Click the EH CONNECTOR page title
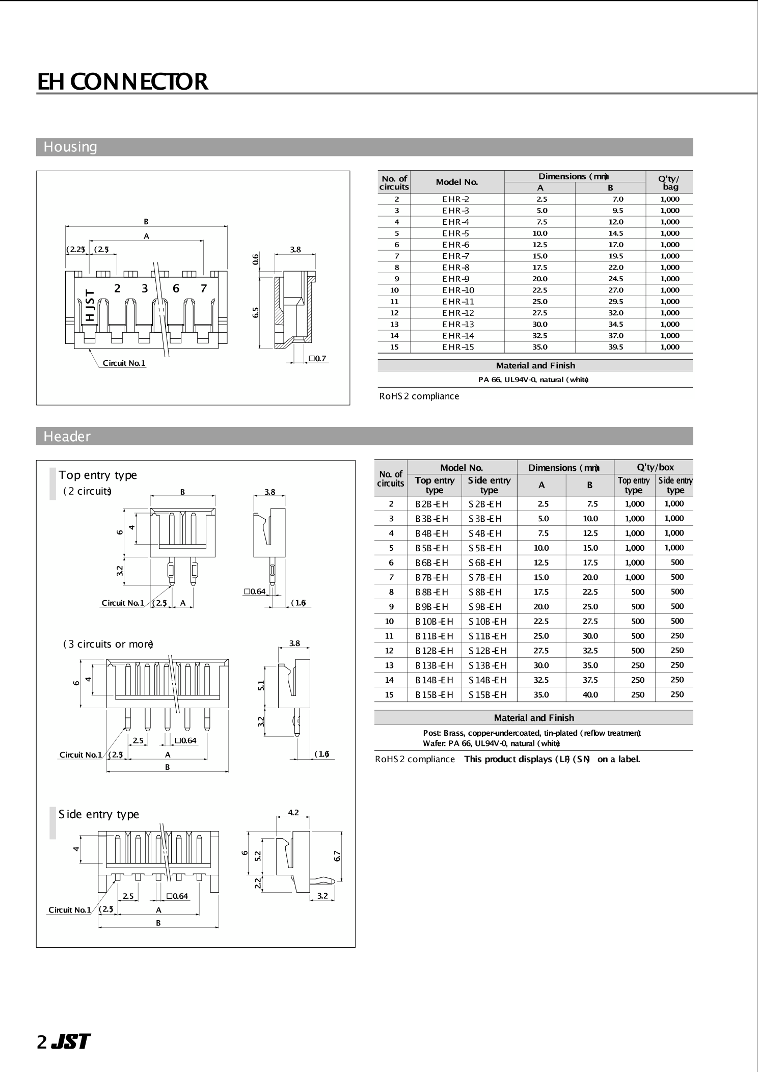pyautogui.click(x=123, y=82)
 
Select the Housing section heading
pyautogui.click(x=70, y=147)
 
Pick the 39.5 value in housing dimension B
pyautogui.click(x=615, y=347)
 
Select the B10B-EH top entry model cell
pyautogui.click(x=434, y=622)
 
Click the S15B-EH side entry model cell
pyautogui.click(x=488, y=695)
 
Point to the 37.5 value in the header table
pyautogui.click(x=590, y=680)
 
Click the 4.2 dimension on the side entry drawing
pyautogui.click(x=293, y=813)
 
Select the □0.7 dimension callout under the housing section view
pyautogui.click(x=317, y=359)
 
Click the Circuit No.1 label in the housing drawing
pyautogui.click(x=124, y=363)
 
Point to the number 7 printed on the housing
pyautogui.click(x=203, y=288)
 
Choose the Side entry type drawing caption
pyautogui.click(x=99, y=814)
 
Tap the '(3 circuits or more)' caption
pyautogui.click(x=108, y=644)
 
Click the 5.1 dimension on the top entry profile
pyautogui.click(x=261, y=685)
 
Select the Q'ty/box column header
pyautogui.click(x=655, y=467)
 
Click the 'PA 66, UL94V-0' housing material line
pyautogui.click(x=533, y=380)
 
